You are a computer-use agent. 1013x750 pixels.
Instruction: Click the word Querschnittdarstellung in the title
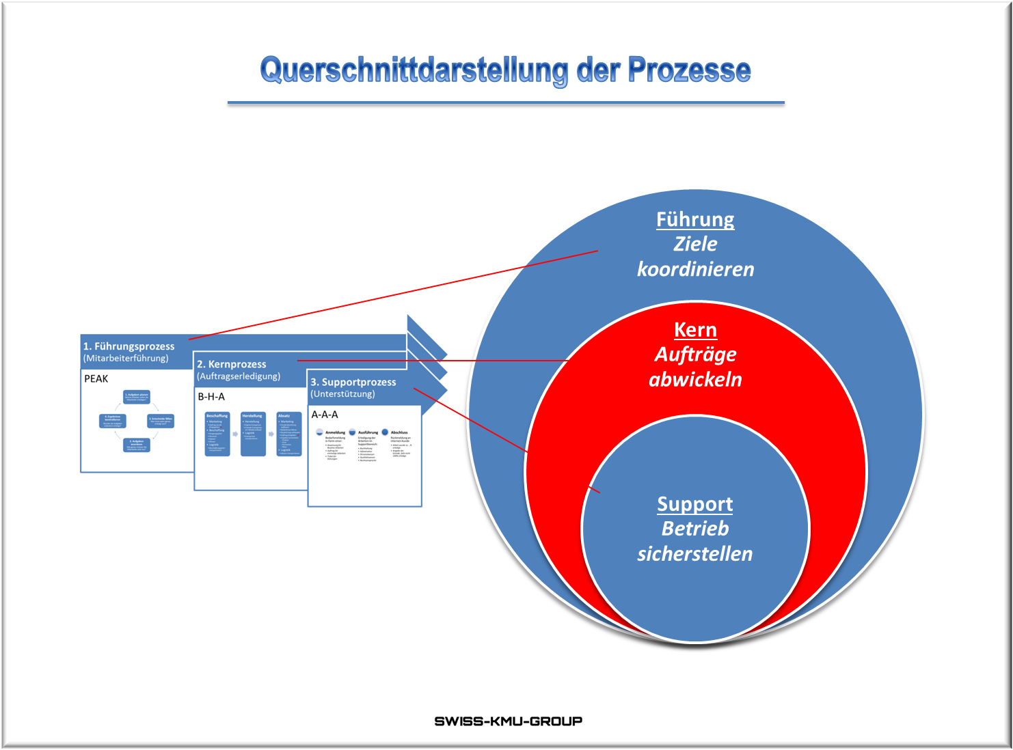(414, 70)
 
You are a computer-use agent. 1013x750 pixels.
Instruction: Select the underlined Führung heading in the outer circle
(695, 219)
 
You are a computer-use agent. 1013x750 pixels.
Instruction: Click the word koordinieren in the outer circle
(695, 269)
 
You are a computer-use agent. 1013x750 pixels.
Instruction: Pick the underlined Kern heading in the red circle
(695, 330)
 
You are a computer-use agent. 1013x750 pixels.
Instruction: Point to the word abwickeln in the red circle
(695, 380)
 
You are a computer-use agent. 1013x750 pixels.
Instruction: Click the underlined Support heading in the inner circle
(694, 504)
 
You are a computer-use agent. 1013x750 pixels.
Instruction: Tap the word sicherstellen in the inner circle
(694, 554)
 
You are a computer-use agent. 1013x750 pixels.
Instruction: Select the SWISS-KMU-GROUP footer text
(508, 721)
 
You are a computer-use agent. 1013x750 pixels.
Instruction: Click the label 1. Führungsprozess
(129, 346)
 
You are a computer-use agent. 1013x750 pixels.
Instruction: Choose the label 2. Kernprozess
(232, 364)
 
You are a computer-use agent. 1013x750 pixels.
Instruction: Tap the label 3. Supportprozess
(353, 382)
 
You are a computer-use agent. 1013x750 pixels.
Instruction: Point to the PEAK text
(96, 378)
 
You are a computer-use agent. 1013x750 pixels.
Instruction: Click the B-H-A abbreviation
(211, 396)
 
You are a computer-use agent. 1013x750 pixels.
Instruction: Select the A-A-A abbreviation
(325, 414)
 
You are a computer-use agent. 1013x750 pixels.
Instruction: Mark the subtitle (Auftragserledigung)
(239, 376)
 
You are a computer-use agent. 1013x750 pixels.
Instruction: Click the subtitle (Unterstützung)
(342, 393)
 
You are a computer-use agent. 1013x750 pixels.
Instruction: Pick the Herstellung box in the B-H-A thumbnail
(253, 434)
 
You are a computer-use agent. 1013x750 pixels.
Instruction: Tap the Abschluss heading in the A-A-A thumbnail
(399, 432)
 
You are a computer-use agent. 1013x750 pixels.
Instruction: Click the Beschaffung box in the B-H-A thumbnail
(217, 434)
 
